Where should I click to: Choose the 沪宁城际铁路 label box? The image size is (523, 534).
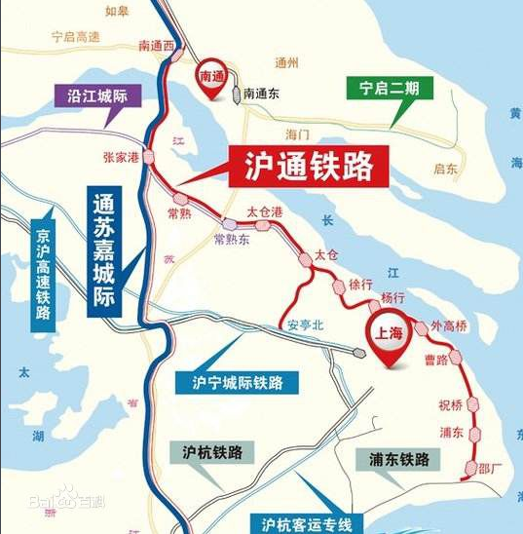click(237, 381)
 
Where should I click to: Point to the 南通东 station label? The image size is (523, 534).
click(262, 95)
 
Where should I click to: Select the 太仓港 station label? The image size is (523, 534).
click(264, 210)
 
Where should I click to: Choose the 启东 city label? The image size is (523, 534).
click(446, 169)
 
